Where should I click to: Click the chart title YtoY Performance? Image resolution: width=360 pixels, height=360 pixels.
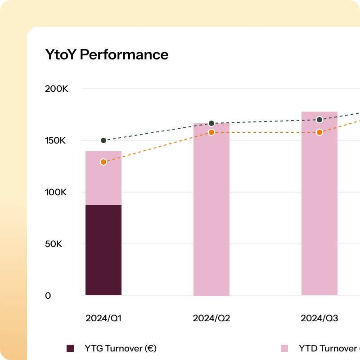click(107, 54)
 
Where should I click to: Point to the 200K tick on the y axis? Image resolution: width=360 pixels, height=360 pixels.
click(56, 89)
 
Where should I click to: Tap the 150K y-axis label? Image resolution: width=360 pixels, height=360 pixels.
click(56, 140)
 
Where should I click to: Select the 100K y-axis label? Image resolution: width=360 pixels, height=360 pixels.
click(56, 192)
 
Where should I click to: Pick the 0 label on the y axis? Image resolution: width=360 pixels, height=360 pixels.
click(48, 296)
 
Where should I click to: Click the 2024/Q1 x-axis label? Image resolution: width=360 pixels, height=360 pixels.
click(103, 319)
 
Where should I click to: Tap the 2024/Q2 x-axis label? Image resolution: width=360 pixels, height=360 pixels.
click(211, 319)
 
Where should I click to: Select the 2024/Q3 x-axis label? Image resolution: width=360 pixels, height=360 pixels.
click(319, 319)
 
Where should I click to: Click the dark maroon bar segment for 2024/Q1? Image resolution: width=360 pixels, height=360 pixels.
click(103, 250)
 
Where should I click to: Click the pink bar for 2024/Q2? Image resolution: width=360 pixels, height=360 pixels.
click(211, 211)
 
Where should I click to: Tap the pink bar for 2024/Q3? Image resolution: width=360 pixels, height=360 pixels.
click(319, 211)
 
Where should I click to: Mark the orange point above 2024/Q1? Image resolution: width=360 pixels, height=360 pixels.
click(103, 162)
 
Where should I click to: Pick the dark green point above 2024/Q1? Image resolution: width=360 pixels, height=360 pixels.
click(103, 140)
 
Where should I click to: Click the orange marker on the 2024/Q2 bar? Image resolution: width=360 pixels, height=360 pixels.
click(211, 132)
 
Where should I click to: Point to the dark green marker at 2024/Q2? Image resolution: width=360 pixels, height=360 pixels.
click(211, 123)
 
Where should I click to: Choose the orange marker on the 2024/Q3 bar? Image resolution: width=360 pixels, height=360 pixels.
click(319, 132)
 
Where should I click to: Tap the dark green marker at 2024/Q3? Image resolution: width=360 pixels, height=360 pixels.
click(319, 120)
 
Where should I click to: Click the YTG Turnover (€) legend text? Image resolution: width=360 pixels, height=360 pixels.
click(120, 348)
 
